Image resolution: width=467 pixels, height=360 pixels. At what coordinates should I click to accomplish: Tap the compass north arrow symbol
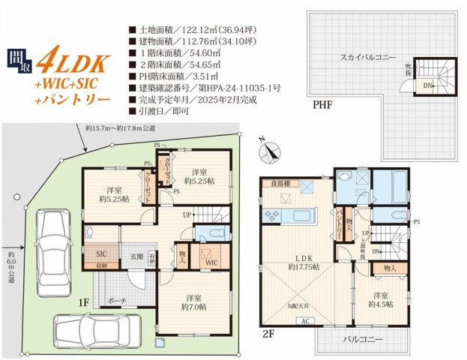click(268, 152)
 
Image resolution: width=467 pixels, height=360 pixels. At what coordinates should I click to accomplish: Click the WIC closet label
click(211, 262)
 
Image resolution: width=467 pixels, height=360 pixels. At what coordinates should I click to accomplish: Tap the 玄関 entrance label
click(138, 257)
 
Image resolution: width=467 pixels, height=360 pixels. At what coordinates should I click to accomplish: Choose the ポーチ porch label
click(118, 301)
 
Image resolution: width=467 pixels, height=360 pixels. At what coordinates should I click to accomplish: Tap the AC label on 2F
click(304, 321)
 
